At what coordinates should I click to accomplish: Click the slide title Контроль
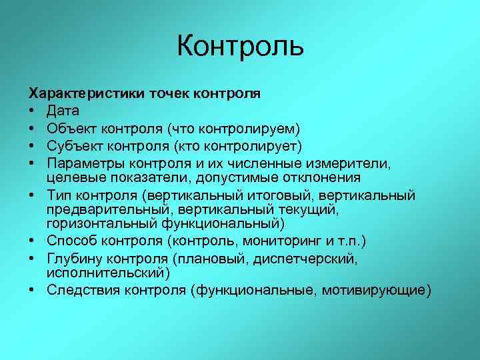[240, 47]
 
